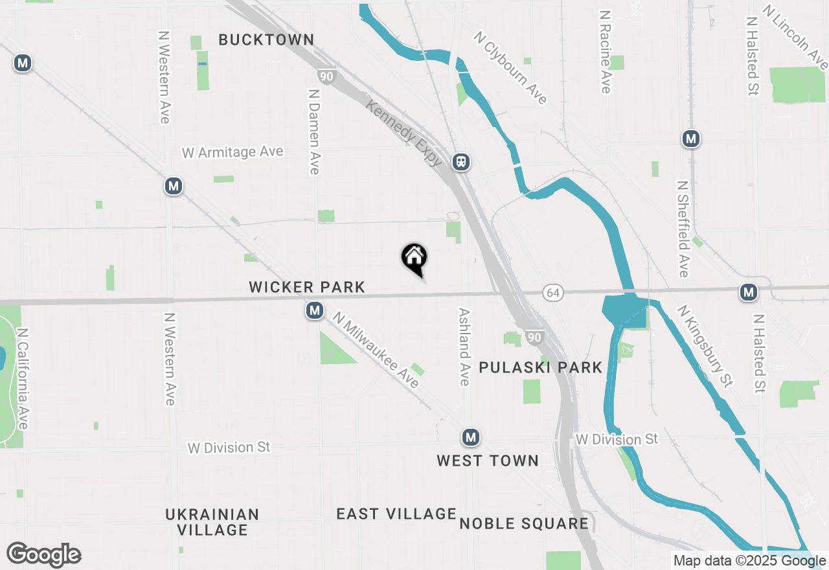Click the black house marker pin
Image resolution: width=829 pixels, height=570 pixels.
(x=414, y=258)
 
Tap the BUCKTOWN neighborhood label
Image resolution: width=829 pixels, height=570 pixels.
(x=266, y=40)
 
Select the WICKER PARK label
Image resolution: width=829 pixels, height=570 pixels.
(x=307, y=287)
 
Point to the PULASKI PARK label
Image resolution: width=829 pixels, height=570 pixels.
(x=541, y=368)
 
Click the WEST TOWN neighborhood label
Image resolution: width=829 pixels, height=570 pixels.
(x=488, y=461)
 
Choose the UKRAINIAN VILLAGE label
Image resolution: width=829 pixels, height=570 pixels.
(x=212, y=522)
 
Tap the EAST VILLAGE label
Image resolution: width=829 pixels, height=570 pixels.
(x=396, y=514)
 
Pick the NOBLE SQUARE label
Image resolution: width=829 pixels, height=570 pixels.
(x=524, y=523)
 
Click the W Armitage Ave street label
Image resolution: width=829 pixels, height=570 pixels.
(x=233, y=152)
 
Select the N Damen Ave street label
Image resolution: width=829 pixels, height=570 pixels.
(x=315, y=131)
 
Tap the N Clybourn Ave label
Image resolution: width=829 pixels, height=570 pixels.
(x=511, y=68)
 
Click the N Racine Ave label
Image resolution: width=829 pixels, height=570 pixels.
(x=606, y=52)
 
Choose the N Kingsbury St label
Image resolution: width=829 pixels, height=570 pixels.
(x=705, y=347)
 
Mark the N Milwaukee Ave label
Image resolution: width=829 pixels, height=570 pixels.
(x=376, y=350)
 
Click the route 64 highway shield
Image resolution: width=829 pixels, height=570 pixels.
(x=552, y=293)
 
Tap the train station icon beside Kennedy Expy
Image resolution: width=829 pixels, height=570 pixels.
(x=461, y=161)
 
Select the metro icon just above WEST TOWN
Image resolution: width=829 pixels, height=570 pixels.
(x=471, y=438)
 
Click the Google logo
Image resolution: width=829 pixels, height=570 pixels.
(x=44, y=555)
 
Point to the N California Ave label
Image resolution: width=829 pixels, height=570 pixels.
(x=23, y=378)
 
